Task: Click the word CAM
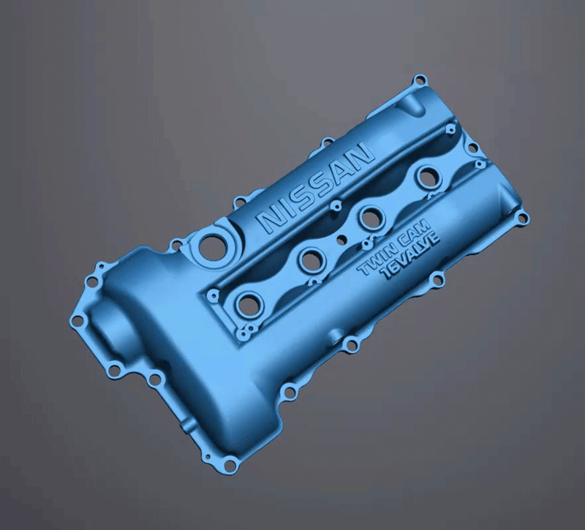click(412, 234)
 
